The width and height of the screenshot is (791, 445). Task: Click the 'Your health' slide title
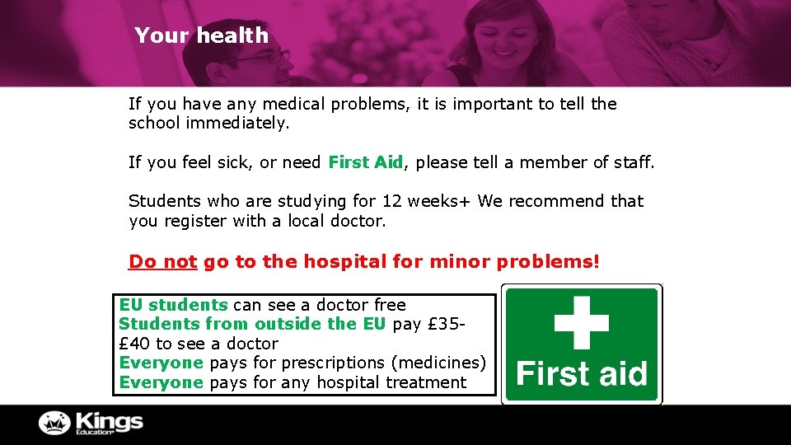[201, 35]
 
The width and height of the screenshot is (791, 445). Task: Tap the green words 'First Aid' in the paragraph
[365, 163]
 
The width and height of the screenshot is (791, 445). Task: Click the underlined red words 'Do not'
[162, 262]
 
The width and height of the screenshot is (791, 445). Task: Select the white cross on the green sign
[582, 321]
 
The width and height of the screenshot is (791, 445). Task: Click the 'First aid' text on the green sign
[582, 374]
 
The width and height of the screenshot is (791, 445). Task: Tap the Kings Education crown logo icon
[55, 423]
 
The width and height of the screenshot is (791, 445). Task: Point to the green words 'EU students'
[173, 305]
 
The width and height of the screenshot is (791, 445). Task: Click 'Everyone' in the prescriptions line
[161, 363]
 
